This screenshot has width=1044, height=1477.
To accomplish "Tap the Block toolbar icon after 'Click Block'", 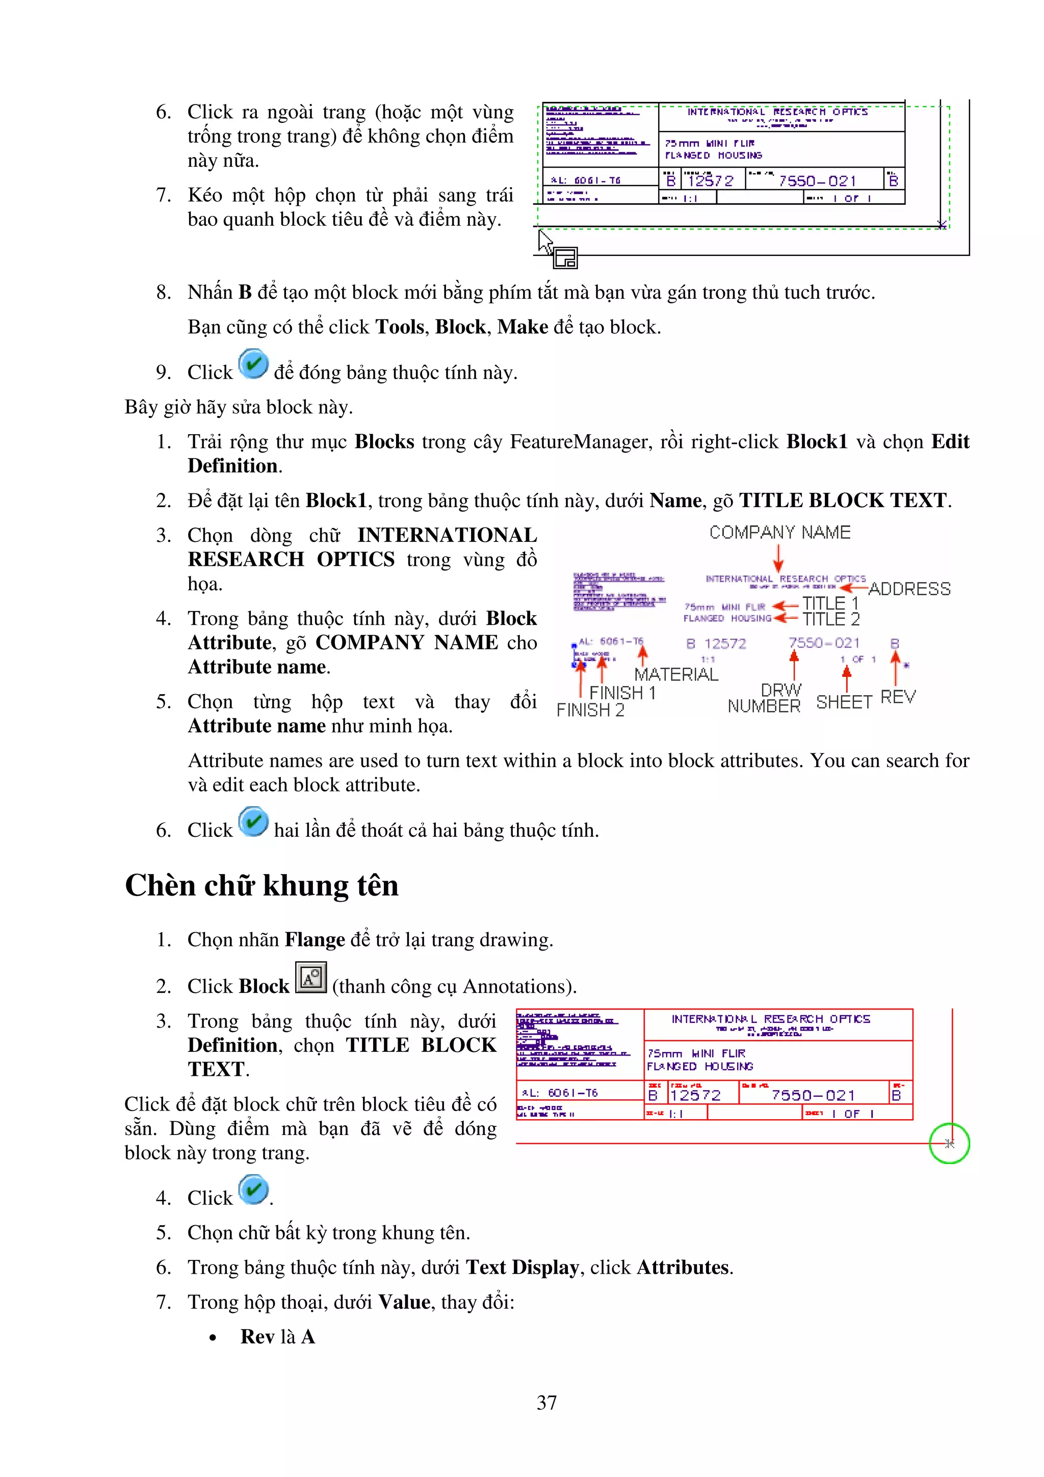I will point(310,978).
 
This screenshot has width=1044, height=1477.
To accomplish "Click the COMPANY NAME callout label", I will point(779,533).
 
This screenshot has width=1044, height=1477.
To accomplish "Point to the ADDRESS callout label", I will point(909,589).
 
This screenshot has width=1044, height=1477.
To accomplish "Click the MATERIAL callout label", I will point(675,674).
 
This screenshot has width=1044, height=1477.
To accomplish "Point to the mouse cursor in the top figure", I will point(545,243).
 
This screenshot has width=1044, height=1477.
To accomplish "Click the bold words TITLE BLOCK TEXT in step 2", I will point(843,500).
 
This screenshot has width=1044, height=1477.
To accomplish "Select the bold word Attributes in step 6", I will point(683,1268).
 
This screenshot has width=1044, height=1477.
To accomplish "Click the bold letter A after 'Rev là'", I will point(308,1337).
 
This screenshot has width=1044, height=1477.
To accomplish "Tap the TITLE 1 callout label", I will point(829,603).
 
